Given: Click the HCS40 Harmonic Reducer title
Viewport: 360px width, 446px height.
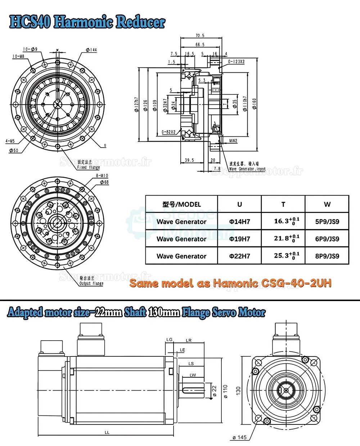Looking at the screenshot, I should pyautogui.click(x=87, y=22).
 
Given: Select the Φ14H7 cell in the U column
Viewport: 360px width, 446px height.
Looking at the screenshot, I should pyautogui.click(x=239, y=222).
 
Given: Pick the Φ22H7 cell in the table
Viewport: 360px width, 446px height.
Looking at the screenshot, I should pyautogui.click(x=239, y=256).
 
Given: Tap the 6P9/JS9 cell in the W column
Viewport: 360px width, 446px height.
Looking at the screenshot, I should pyautogui.click(x=327, y=239).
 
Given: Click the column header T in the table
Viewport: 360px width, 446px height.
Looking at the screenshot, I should pyautogui.click(x=283, y=204).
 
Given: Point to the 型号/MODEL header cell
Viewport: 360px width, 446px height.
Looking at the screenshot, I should pyautogui.click(x=181, y=204).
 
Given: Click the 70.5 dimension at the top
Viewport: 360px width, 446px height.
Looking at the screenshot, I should pyautogui.click(x=200, y=36).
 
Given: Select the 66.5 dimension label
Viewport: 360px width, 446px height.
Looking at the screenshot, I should pyautogui.click(x=200, y=45).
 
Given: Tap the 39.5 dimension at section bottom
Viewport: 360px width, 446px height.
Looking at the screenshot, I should pyautogui.click(x=189, y=160).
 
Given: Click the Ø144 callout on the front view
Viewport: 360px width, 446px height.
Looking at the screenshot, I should pyautogui.click(x=91, y=50).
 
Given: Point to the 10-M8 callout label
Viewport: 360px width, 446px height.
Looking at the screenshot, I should pyautogui.click(x=18, y=56).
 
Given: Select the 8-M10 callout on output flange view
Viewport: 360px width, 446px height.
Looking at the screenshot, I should pyautogui.click(x=102, y=176).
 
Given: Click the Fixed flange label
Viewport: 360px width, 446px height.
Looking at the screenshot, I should pyautogui.click(x=89, y=167).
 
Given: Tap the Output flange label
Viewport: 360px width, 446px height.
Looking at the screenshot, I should pyautogui.click(x=91, y=283).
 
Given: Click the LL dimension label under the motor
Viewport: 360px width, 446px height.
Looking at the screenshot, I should pyautogui.click(x=107, y=432).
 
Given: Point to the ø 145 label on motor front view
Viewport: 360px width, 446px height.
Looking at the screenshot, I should pyautogui.click(x=239, y=437).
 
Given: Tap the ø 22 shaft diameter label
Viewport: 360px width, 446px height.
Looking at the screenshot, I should pyautogui.click(x=215, y=391).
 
